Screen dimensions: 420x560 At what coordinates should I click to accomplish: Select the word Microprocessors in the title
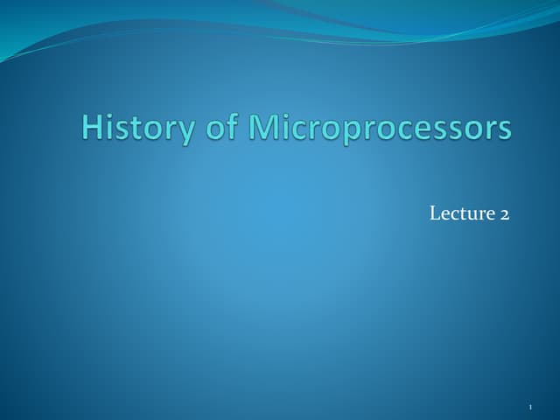(379, 128)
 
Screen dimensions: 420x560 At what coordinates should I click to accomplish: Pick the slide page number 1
(531, 408)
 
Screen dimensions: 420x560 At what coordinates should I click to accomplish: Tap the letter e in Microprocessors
(432, 129)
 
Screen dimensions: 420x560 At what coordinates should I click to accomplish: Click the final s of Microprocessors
(505, 129)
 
